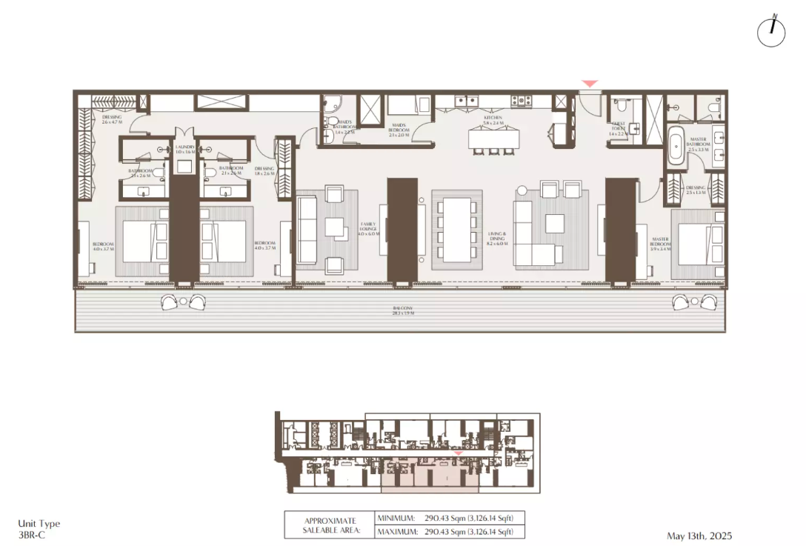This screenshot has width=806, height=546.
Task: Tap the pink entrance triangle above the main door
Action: (589, 84)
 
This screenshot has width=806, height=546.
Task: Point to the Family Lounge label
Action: (368, 227)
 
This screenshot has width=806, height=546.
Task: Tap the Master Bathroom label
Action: (697, 144)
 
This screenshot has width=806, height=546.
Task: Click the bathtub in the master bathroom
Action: (676, 147)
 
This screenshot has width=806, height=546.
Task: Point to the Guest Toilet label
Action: (618, 129)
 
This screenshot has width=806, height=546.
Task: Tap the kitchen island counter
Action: (493, 137)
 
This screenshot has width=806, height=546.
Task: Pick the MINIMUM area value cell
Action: (468, 518)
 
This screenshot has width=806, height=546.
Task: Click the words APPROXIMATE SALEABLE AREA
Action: (330, 525)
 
